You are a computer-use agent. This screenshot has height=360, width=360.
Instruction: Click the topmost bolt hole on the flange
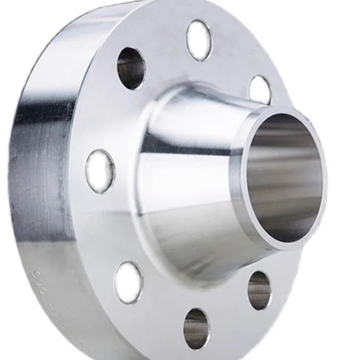pos(198,40)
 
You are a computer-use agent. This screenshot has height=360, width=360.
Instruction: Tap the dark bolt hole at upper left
pos(131,68)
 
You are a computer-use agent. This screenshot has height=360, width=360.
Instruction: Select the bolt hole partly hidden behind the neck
pos(260,90)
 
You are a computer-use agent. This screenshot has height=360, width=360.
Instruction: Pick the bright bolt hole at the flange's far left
pos(100,171)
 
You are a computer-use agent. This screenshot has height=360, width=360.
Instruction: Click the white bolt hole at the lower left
pos(129,282)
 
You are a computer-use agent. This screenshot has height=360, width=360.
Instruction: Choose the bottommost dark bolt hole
pos(196,328)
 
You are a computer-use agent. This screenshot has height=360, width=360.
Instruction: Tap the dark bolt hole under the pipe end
pos(259,290)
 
